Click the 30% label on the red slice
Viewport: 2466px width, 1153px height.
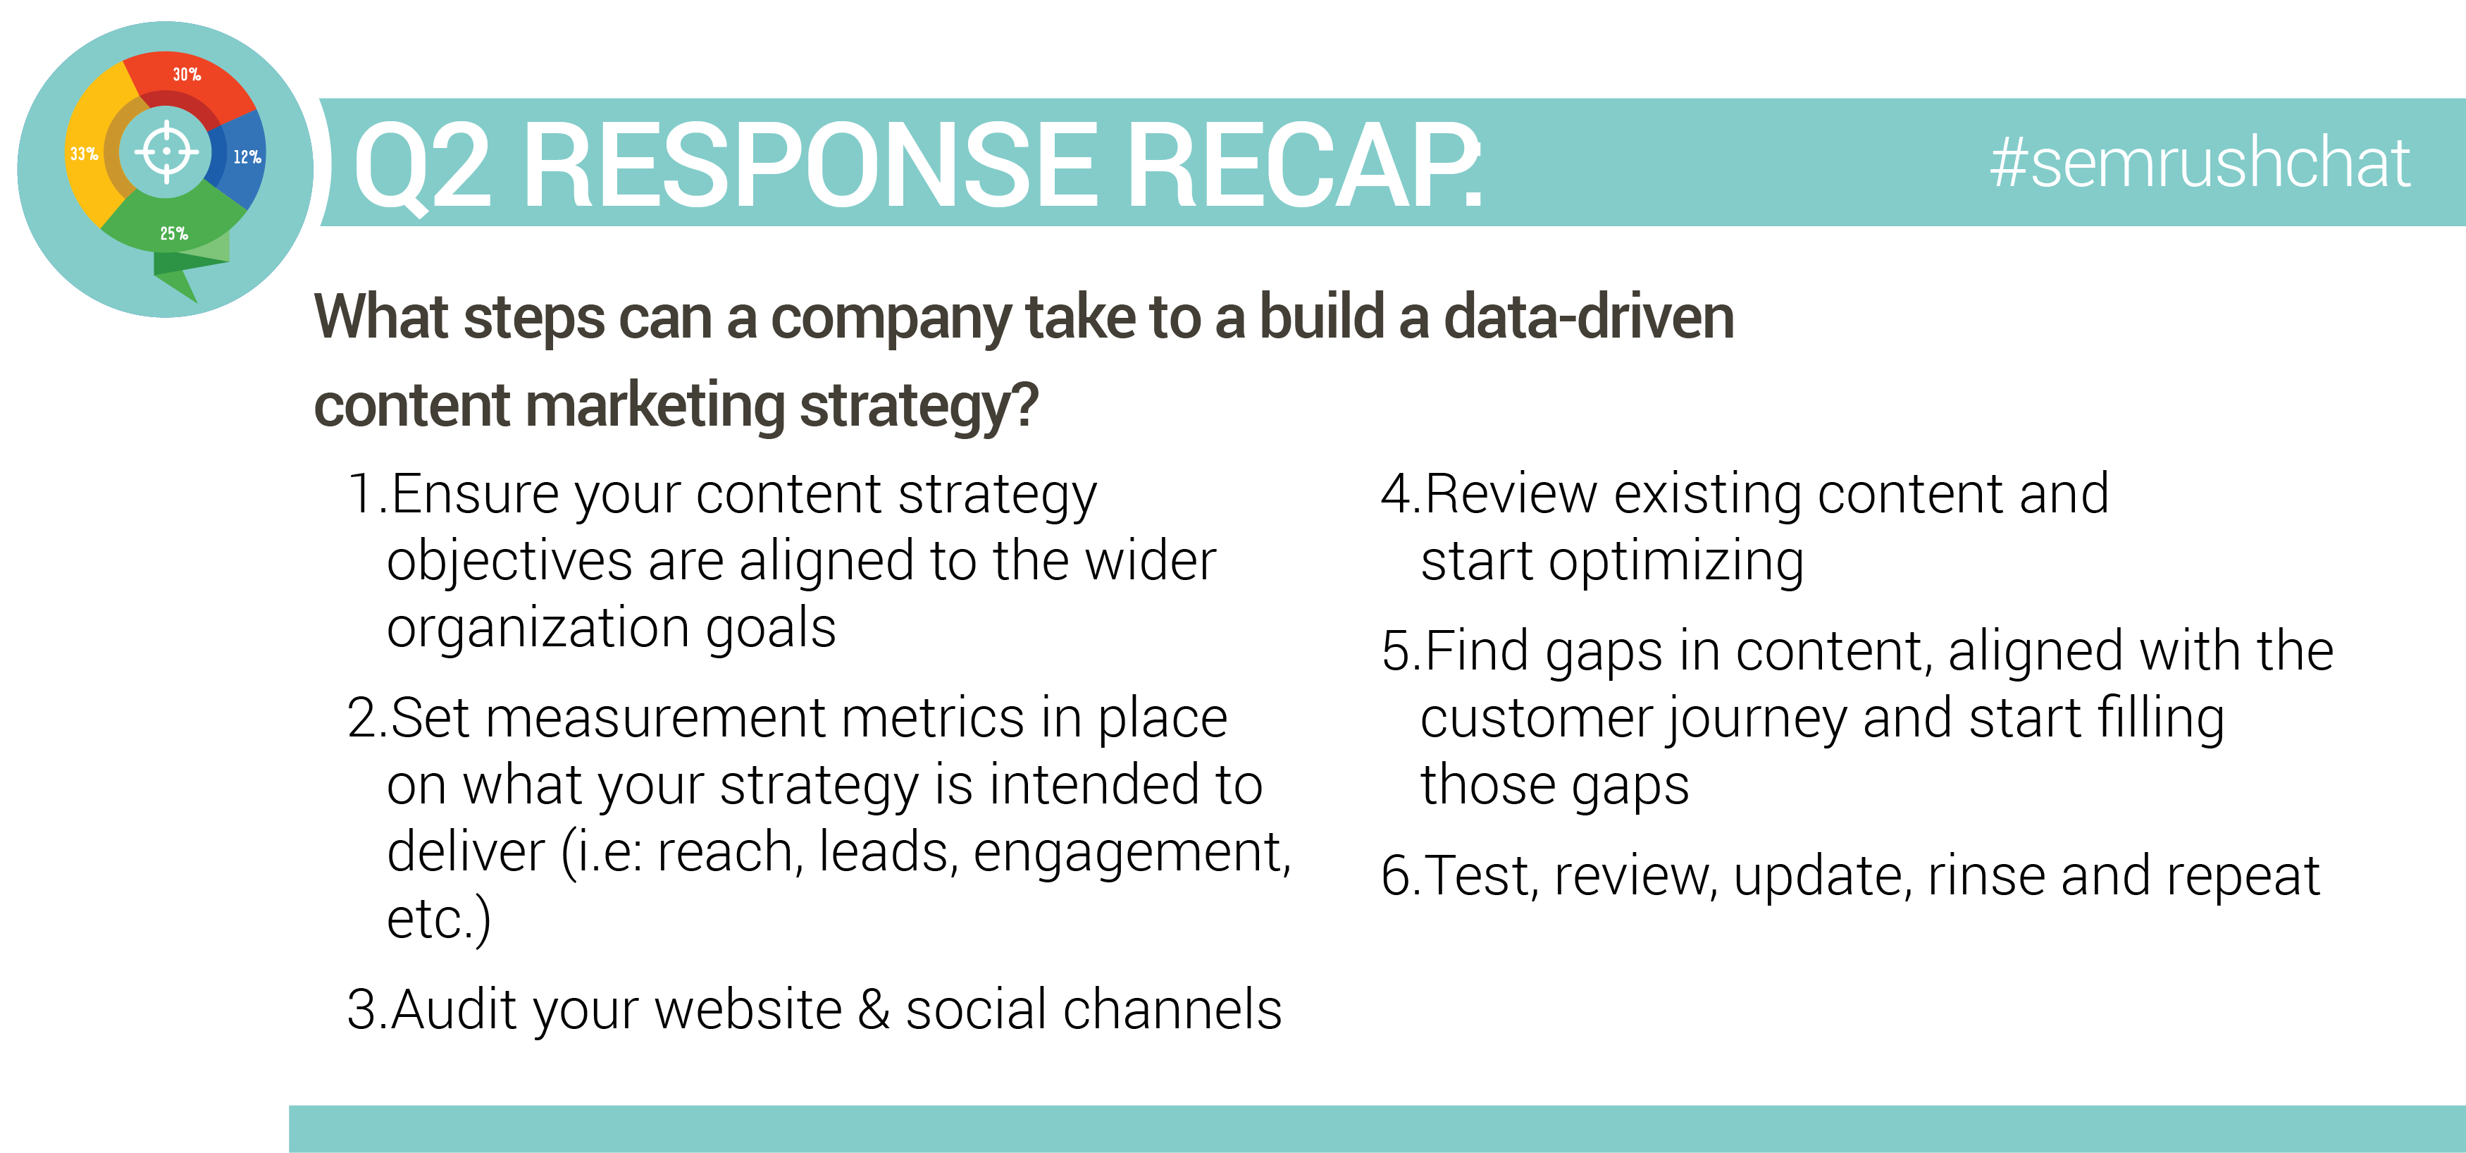(x=187, y=75)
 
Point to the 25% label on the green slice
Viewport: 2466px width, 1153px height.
(x=174, y=234)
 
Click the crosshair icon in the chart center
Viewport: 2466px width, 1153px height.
(x=166, y=152)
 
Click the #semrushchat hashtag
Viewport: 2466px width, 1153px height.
(x=2199, y=164)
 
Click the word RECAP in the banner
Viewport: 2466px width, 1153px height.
(x=1303, y=165)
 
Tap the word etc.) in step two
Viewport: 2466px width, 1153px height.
(x=438, y=921)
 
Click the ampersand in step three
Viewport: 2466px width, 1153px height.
(x=873, y=1011)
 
